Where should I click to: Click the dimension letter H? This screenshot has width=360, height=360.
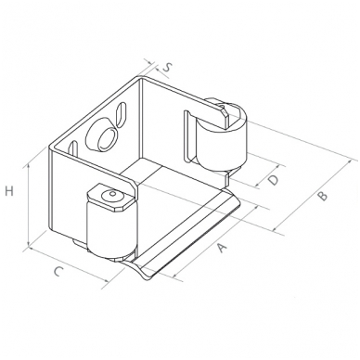coord(9,191)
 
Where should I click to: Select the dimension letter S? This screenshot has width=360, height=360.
coord(167,67)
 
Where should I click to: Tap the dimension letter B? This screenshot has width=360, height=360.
coord(322,196)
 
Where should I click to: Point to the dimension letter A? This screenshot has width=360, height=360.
coord(222,248)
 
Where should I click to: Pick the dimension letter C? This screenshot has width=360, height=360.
coord(58,271)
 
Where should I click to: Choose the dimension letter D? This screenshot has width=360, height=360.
coord(273,180)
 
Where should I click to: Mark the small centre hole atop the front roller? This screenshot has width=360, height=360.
coord(112,194)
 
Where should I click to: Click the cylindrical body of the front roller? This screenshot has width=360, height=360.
coord(111,230)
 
